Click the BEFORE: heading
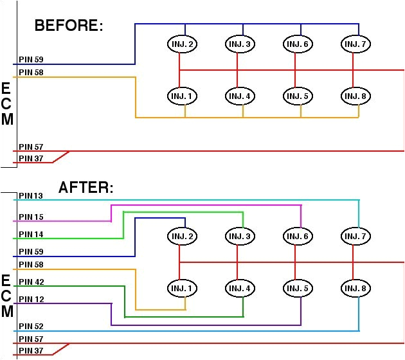(69, 26)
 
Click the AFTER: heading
(85, 188)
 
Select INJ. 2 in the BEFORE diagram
(182, 44)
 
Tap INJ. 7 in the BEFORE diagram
(356, 44)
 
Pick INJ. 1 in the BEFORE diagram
(182, 96)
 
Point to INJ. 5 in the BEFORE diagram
(298, 96)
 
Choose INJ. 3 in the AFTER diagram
(240, 237)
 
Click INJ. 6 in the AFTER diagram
(298, 237)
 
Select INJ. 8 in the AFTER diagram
(356, 288)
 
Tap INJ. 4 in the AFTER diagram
(240, 288)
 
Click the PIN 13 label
(31, 195)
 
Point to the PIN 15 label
(31, 217)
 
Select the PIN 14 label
(31, 235)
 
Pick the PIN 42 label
(31, 282)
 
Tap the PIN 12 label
(31, 299)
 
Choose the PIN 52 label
(31, 327)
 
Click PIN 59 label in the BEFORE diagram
(31, 60)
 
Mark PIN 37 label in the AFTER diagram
(31, 350)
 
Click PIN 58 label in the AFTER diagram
(31, 264)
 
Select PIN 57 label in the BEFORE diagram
(31, 147)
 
